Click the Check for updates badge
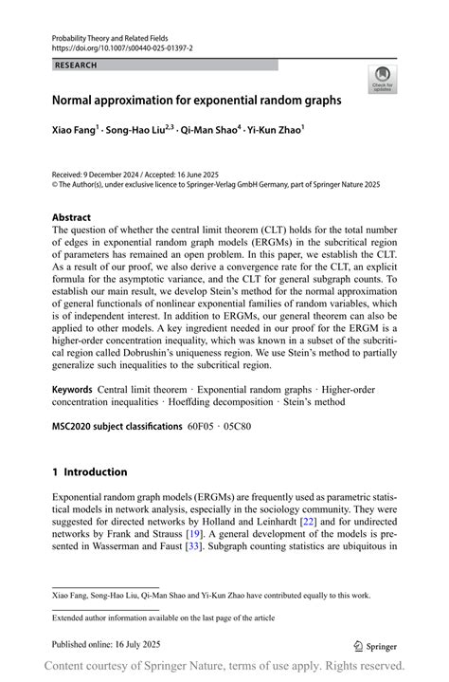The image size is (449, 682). tap(383, 79)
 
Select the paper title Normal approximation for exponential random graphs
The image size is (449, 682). tap(196, 99)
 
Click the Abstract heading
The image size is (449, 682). tap(72, 217)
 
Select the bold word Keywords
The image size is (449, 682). tap(72, 389)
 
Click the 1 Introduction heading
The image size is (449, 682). tap(89, 471)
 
